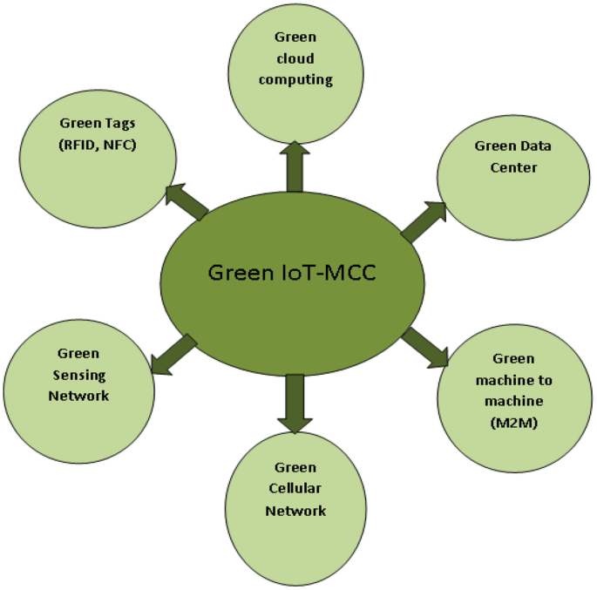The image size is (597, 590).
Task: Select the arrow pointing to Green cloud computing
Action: (295, 166)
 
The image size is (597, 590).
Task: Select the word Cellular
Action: (295, 490)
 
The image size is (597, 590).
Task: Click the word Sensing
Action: (78, 375)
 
